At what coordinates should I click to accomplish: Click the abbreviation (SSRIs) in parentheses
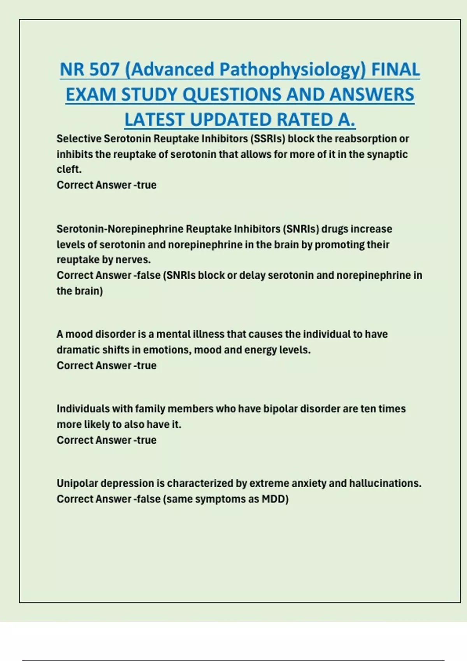[x=267, y=139]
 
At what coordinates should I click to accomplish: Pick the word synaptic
[x=385, y=154]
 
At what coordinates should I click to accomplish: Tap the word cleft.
[x=69, y=170]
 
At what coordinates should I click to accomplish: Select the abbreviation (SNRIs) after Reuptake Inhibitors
[x=300, y=229]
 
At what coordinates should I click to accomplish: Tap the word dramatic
[x=78, y=350]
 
